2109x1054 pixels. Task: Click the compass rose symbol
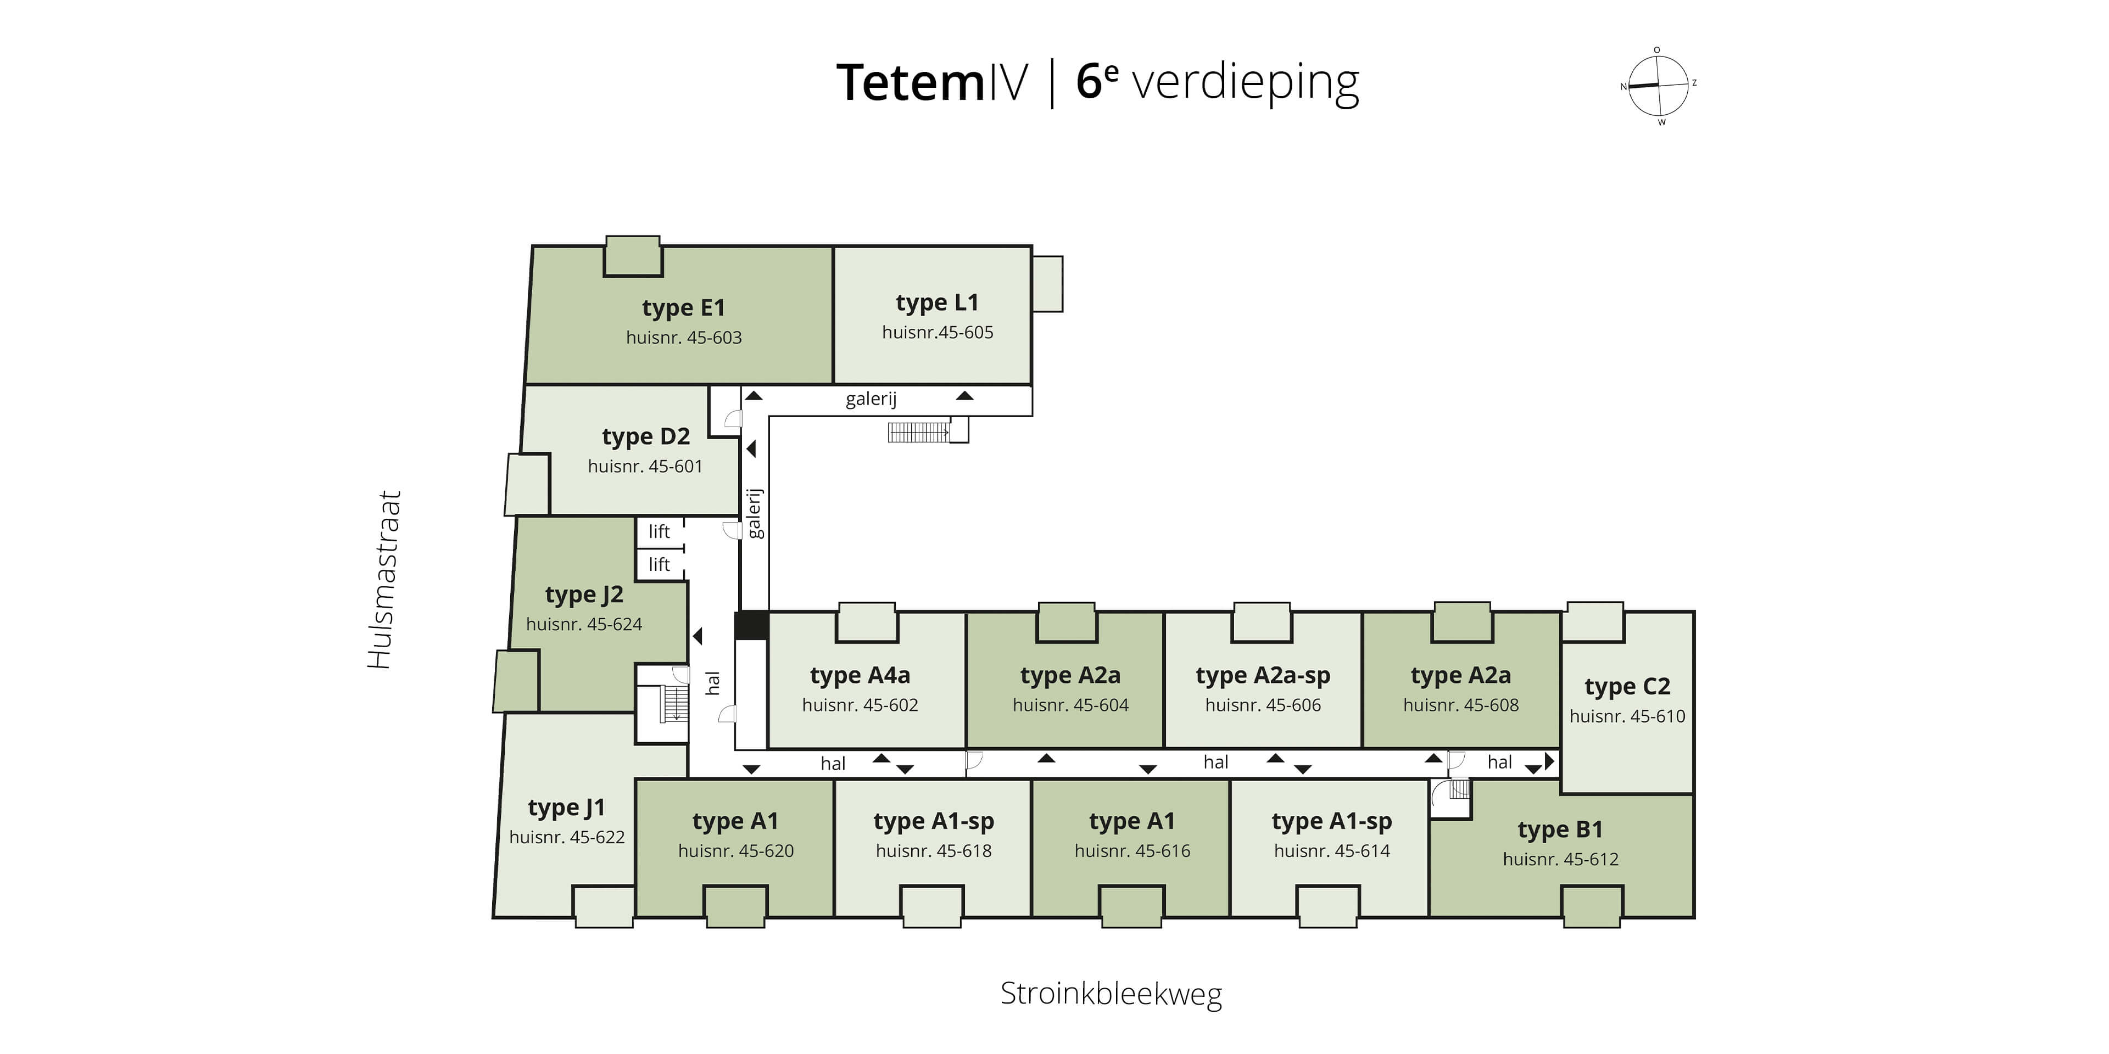[1658, 86]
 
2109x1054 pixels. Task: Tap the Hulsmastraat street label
[384, 579]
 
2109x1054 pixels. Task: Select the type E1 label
[684, 307]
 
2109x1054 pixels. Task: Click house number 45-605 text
[938, 332]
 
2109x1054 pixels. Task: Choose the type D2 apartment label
[646, 436]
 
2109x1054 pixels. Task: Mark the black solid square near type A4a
[751, 625]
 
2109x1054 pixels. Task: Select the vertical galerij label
[754, 513]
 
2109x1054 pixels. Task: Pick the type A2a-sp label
[1263, 675]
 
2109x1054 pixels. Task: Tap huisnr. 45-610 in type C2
[1627, 716]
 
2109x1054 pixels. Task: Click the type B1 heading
[1560, 829]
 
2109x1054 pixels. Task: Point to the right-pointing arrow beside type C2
[1549, 761]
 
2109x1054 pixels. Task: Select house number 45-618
[933, 850]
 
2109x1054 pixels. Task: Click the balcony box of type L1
[1047, 284]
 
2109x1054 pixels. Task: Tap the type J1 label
[567, 808]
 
